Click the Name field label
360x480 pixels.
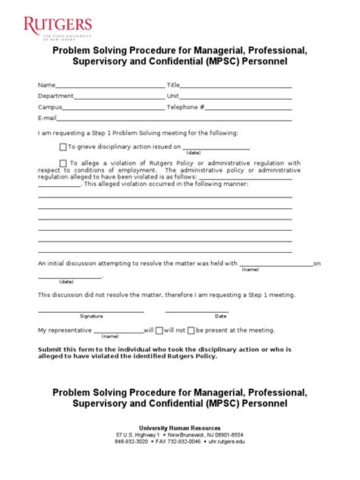(46, 85)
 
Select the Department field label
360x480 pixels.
(55, 96)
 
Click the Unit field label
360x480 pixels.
(172, 96)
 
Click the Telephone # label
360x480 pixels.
(185, 108)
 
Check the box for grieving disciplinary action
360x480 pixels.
(63, 147)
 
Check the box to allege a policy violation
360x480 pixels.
(63, 163)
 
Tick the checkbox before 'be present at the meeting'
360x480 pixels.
(191, 331)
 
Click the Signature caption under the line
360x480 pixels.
(91, 316)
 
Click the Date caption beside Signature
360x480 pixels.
(220, 316)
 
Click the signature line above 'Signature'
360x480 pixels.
(91, 311)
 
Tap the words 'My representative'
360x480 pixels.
(65, 331)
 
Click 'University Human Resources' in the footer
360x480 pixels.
(180, 428)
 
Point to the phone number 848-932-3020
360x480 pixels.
(132, 441)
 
